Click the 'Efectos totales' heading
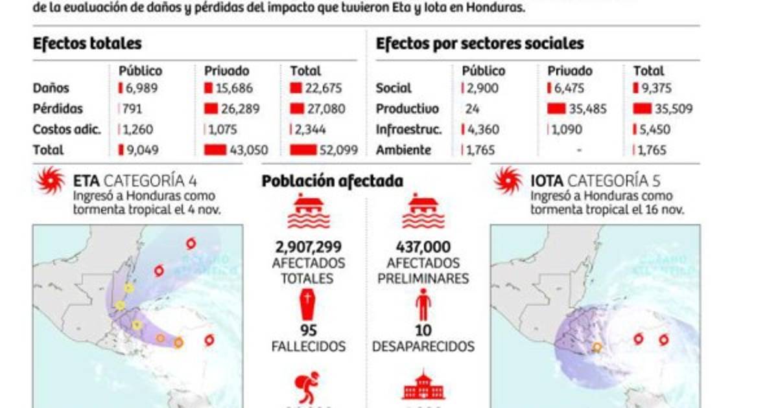click(87, 43)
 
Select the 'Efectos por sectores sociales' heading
click(480, 43)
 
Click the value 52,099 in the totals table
click(338, 150)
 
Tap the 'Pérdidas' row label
click(58, 109)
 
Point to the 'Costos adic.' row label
click(67, 130)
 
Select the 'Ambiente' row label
click(403, 150)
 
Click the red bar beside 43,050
click(215, 150)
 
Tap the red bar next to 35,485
click(557, 109)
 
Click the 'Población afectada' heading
click(332, 181)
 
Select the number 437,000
click(423, 247)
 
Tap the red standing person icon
click(423, 304)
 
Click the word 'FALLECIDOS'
click(309, 346)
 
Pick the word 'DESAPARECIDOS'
click(423, 346)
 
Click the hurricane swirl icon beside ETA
click(51, 181)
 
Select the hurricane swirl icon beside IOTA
click(508, 181)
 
